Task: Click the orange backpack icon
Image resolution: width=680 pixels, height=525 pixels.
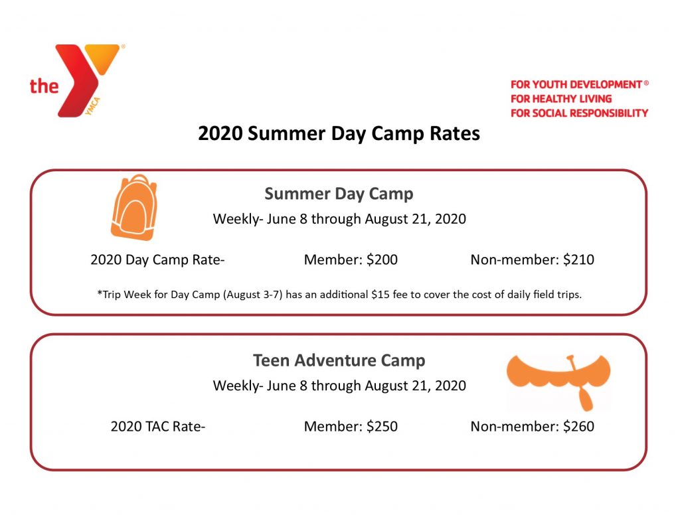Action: tap(134, 208)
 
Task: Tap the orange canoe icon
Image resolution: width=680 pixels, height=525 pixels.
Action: tap(558, 374)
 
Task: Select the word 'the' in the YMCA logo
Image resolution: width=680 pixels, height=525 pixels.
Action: tap(44, 86)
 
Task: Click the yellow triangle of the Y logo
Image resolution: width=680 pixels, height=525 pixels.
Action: tap(102, 57)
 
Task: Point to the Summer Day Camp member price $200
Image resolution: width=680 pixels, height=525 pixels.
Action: tap(382, 260)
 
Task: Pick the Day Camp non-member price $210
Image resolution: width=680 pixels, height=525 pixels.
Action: tap(578, 260)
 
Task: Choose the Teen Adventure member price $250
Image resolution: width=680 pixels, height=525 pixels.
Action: tap(382, 427)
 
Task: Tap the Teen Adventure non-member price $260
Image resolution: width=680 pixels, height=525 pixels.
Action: tap(578, 427)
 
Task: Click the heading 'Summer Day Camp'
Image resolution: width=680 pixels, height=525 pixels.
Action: tap(339, 194)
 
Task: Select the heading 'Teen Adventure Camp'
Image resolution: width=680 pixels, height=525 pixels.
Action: tap(339, 360)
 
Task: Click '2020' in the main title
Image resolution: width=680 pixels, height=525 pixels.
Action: tap(220, 133)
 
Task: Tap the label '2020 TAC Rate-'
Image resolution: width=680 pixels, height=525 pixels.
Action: tap(158, 427)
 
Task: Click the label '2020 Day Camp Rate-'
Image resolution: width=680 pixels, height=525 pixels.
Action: tap(157, 260)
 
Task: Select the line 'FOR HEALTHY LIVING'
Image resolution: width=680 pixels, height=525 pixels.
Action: tap(561, 99)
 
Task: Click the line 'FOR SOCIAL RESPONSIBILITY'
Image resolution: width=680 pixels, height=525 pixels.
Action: tap(579, 113)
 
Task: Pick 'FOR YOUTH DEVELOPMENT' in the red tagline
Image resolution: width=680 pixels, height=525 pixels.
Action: tap(576, 84)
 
